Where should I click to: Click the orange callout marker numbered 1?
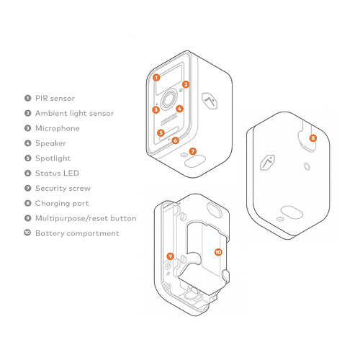[x=156, y=78]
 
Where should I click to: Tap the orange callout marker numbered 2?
[x=186, y=84]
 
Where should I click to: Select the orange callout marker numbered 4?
[x=179, y=109]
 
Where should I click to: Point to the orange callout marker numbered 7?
[x=193, y=151]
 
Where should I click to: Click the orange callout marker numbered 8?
[x=313, y=138]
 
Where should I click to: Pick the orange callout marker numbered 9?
[x=170, y=256]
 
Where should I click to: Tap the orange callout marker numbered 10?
[x=218, y=252]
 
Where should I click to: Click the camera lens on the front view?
[x=168, y=100]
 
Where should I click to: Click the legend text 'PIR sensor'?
[x=55, y=98]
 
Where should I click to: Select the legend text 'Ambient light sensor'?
[x=74, y=113]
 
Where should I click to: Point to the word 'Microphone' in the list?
[x=58, y=128]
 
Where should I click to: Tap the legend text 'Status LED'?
[x=57, y=173]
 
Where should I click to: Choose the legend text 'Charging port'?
[x=62, y=204]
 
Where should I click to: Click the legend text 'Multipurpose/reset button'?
[x=86, y=218]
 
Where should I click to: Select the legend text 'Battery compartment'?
[x=77, y=233]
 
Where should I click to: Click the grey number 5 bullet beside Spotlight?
[x=28, y=158]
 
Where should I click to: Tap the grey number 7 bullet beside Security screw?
[x=28, y=188]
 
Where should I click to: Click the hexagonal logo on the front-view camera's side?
[x=210, y=101]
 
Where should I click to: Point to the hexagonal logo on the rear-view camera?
[x=267, y=161]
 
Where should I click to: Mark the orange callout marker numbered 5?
[x=161, y=133]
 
